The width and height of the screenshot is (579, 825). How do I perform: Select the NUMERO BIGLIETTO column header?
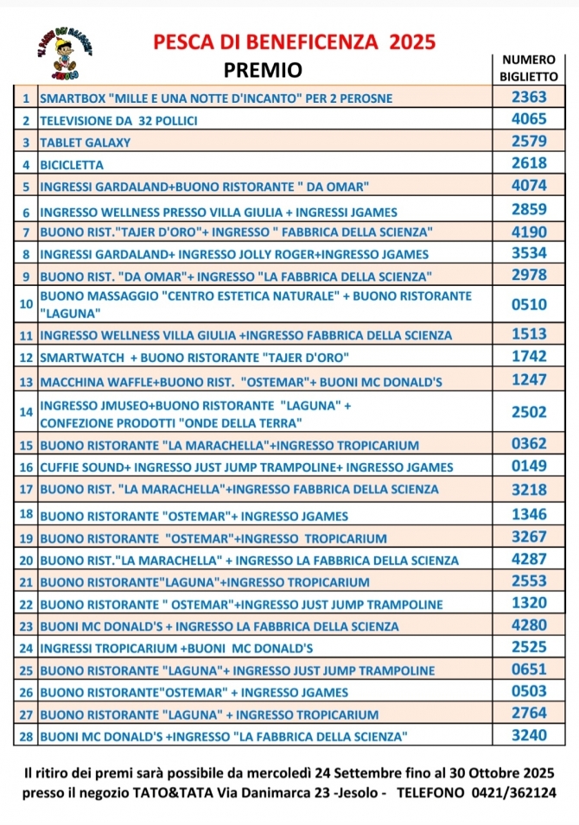pos(529,68)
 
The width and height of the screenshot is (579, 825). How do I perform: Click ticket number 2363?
pos(529,98)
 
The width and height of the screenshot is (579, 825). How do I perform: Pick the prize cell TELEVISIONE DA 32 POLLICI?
pos(118,121)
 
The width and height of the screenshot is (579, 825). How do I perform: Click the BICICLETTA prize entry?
pos(72,164)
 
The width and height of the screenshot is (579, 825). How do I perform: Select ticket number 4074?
pos(529,185)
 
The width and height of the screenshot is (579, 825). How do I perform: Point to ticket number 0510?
pos(529,304)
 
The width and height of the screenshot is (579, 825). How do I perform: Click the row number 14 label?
pos(26,413)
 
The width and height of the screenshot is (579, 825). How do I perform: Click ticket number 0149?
pos(529,466)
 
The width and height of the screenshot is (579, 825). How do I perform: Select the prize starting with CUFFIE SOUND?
pos(246,467)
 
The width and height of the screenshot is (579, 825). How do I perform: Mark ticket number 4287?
pos(529,558)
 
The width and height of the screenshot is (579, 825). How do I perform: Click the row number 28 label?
pos(26,736)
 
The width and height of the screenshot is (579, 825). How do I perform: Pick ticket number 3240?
pos(529,735)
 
